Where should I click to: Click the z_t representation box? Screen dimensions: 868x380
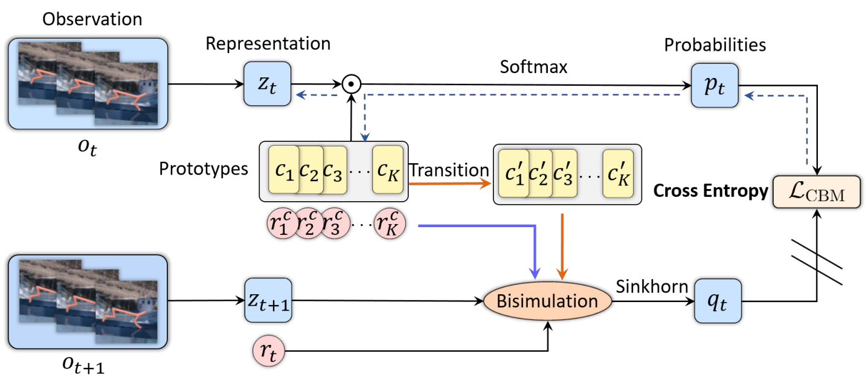coord(268,84)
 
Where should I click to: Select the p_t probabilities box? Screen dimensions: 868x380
coord(715,85)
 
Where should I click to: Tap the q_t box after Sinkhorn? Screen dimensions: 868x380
coord(718,301)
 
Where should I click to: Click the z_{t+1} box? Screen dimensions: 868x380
coord(268,300)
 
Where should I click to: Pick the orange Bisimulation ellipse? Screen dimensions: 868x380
coord(547,301)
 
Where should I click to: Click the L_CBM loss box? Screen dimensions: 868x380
coord(817,192)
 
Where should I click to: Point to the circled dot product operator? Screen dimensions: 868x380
coord(352,84)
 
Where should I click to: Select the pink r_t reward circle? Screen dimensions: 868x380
coord(269,351)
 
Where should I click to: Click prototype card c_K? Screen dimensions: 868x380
coord(388,169)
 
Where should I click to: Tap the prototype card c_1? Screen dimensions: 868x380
coord(283,169)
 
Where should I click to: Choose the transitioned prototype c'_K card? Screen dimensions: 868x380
coord(618,173)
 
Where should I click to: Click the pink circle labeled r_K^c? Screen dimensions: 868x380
coord(390,224)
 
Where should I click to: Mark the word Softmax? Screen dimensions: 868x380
coord(533,66)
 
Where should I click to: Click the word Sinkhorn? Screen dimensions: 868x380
coord(652,286)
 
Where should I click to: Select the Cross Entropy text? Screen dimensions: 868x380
coord(711,191)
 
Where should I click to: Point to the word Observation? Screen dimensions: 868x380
coord(92,19)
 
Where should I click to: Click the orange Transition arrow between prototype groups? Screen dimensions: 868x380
coord(450,184)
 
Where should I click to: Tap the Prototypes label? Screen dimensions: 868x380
coord(204,169)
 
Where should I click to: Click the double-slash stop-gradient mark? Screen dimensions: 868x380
coord(817,263)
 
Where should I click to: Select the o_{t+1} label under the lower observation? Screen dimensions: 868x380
coord(83,365)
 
